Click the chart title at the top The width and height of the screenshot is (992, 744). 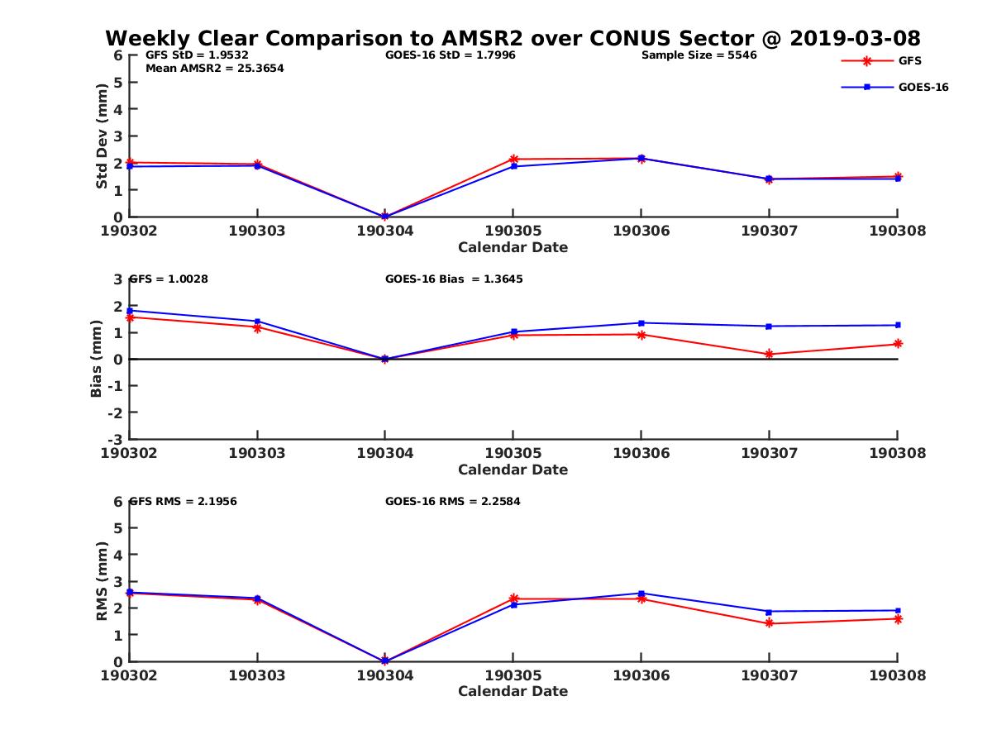point(513,39)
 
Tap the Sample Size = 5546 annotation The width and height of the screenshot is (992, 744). point(699,55)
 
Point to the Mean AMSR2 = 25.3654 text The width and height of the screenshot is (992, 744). point(214,69)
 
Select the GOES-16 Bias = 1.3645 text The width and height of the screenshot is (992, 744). point(454,279)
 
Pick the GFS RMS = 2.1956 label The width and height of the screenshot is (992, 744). point(183,501)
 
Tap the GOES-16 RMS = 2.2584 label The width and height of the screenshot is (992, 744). point(452,501)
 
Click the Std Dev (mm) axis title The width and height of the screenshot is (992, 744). point(102,136)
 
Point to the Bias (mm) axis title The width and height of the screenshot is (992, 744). point(97,359)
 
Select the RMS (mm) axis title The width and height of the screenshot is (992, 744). point(102,581)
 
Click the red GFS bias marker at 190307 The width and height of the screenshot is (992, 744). point(770,354)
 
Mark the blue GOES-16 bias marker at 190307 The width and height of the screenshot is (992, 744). point(770,326)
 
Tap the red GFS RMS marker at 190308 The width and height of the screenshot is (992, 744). point(898,618)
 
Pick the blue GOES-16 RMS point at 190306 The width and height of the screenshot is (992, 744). point(641,593)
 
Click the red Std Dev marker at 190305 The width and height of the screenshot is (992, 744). point(513,159)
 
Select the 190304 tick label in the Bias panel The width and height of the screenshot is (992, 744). point(385,453)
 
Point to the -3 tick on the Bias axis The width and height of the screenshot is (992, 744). point(117,439)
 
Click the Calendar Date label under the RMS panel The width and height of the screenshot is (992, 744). point(513,691)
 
